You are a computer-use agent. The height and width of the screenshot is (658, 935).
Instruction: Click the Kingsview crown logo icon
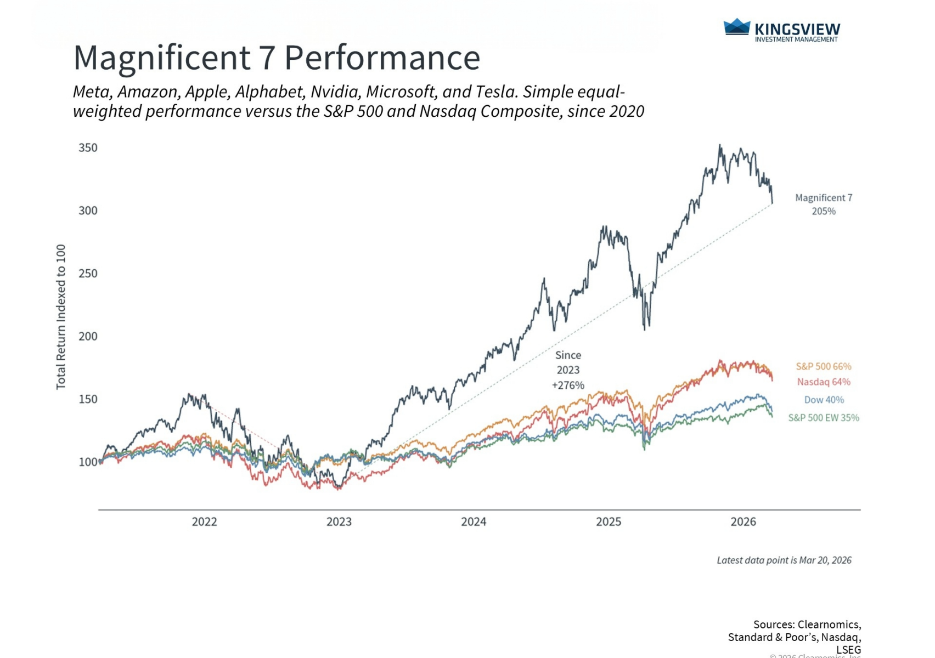(736, 27)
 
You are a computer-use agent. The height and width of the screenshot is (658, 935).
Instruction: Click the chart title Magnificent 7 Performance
(277, 58)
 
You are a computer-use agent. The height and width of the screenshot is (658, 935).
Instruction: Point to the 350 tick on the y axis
(88, 148)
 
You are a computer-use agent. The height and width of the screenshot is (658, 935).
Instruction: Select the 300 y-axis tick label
(88, 211)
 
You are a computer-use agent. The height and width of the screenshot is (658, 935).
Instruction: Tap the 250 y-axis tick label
(88, 274)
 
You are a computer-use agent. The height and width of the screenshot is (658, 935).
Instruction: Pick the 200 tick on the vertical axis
(88, 336)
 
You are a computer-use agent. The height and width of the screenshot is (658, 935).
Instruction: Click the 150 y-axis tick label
(88, 399)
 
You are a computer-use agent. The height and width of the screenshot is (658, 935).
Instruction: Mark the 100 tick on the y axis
(88, 462)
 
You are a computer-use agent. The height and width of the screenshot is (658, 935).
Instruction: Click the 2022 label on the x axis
(204, 522)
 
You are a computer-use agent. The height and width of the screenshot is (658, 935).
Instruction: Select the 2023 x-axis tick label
(339, 522)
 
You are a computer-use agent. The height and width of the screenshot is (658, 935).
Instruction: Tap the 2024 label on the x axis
(474, 522)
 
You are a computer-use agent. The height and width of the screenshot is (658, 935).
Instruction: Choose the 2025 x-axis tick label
(609, 522)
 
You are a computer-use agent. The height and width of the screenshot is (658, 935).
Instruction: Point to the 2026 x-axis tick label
(743, 522)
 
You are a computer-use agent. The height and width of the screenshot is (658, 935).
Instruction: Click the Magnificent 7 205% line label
(824, 205)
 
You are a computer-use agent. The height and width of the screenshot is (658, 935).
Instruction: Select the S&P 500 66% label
(824, 366)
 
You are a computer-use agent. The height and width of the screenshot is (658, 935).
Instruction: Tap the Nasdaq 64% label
(824, 382)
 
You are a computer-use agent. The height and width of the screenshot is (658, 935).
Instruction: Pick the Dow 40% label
(824, 400)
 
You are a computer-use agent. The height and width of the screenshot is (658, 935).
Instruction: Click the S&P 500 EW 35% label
(824, 418)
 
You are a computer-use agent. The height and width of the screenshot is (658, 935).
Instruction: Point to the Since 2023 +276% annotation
(568, 370)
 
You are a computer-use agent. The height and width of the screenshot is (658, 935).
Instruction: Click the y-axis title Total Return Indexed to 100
(61, 317)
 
